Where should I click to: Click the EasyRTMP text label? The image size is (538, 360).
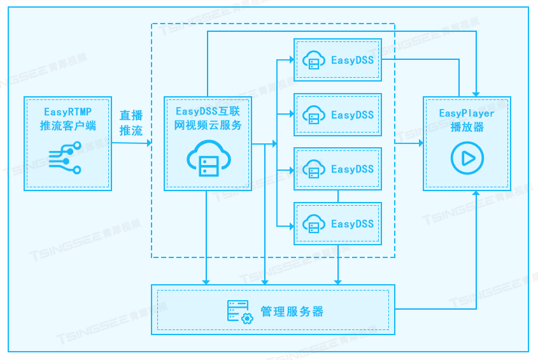(x=67, y=111)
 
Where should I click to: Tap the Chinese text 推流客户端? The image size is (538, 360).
(x=67, y=126)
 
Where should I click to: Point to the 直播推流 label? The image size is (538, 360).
(x=131, y=123)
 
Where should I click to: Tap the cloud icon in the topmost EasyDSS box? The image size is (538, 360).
(x=313, y=61)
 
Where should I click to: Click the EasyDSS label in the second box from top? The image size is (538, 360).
(x=352, y=115)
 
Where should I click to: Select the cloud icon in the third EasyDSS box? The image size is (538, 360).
(x=313, y=169)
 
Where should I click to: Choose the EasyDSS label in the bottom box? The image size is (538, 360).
(x=352, y=224)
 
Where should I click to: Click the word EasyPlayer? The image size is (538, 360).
(x=467, y=113)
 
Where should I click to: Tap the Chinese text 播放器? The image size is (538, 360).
(x=467, y=127)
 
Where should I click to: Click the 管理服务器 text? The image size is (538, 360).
(x=292, y=312)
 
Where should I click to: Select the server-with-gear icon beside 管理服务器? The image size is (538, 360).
(x=240, y=312)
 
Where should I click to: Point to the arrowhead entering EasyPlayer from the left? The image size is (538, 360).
(x=420, y=144)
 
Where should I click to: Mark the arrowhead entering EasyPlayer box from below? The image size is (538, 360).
(x=476, y=193)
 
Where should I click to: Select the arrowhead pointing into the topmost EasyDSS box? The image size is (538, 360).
(x=290, y=61)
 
